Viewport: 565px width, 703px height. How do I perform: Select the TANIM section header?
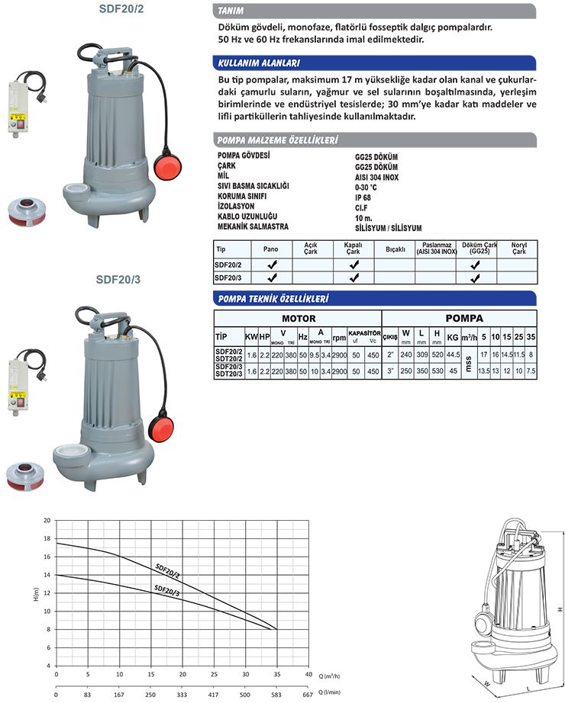[x=231, y=12]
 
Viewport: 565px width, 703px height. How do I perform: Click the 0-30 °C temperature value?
[x=367, y=185]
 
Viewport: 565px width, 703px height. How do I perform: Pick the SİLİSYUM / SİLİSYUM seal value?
[x=388, y=228]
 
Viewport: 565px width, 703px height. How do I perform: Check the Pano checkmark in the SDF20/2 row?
[x=270, y=265]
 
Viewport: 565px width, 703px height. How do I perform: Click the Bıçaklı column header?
[x=395, y=249]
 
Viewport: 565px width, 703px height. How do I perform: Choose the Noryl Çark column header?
[x=518, y=249]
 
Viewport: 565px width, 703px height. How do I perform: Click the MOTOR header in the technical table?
[x=299, y=318]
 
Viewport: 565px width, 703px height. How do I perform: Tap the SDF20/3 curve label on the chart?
[x=166, y=590]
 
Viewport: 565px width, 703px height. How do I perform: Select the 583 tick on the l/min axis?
[x=276, y=695]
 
